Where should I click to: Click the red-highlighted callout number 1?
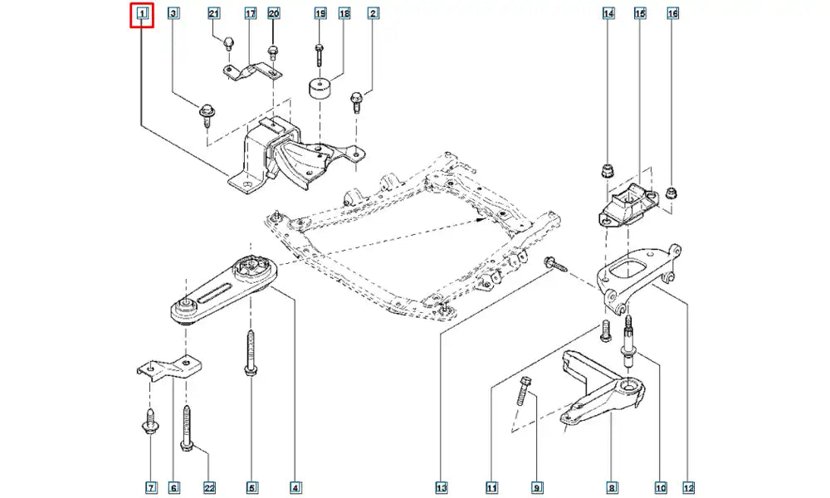coord(142,14)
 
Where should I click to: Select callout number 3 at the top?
coord(173,14)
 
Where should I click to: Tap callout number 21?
coord(213,14)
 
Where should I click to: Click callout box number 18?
coord(344,14)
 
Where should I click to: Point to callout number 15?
coord(640,14)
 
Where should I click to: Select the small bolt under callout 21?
coord(227,41)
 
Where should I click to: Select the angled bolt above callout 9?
coord(525,390)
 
